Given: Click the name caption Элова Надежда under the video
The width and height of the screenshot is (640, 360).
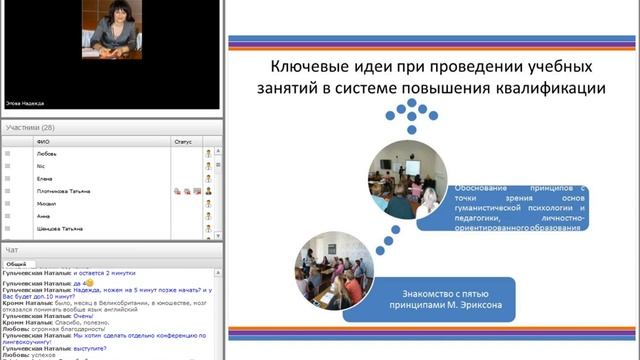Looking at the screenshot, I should pos(25,102).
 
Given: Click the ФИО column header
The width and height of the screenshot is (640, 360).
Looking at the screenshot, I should pos(43,142).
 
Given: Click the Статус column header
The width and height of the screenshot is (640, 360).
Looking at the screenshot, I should pos(182,142).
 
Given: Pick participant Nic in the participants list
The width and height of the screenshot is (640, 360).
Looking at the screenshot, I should pos(41,166).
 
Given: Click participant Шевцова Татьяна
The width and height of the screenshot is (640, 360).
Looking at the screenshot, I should pos(59,228).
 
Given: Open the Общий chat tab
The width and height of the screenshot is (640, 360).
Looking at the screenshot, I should pos(16,264).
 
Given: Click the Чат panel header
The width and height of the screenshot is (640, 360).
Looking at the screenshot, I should pos(12,249).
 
